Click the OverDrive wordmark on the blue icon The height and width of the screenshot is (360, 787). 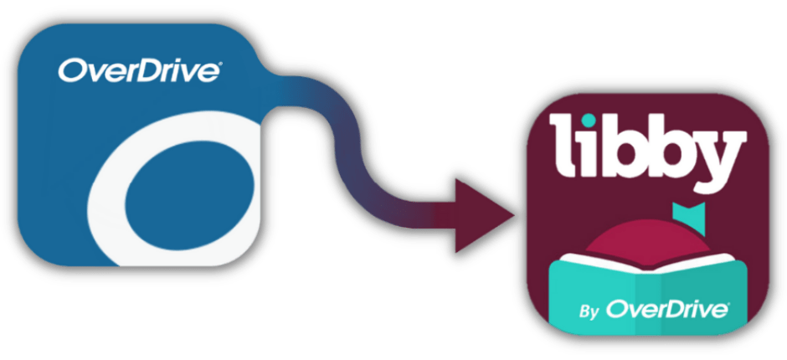[139, 71]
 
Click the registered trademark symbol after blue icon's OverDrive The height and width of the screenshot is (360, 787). [219, 63]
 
